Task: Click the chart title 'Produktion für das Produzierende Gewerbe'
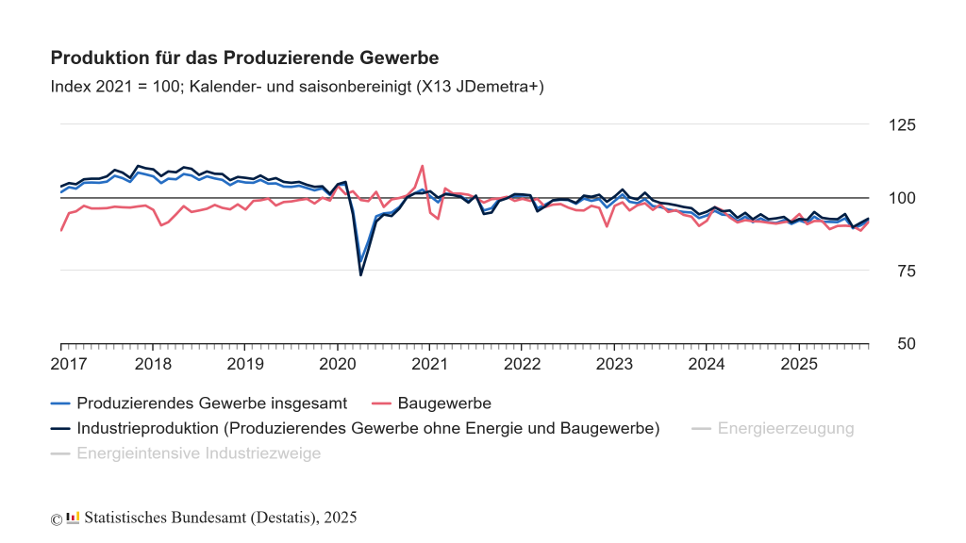tap(244, 58)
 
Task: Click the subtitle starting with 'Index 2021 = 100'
tap(297, 87)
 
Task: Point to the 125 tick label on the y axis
tap(903, 125)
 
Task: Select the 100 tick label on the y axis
tap(903, 199)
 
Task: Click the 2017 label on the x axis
tap(68, 364)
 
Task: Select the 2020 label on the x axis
tap(337, 364)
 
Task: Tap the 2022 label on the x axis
tap(522, 364)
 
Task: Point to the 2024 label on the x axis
tap(707, 364)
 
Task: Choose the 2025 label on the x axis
tap(798, 364)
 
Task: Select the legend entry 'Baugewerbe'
tap(444, 403)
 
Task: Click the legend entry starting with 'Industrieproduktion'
tap(367, 429)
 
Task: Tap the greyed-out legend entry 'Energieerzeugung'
tap(785, 429)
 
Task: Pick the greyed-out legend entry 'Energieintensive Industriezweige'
tap(198, 453)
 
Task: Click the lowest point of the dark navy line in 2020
tap(360, 274)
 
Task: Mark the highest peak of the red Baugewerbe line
tap(422, 166)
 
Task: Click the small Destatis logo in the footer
tap(73, 518)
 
